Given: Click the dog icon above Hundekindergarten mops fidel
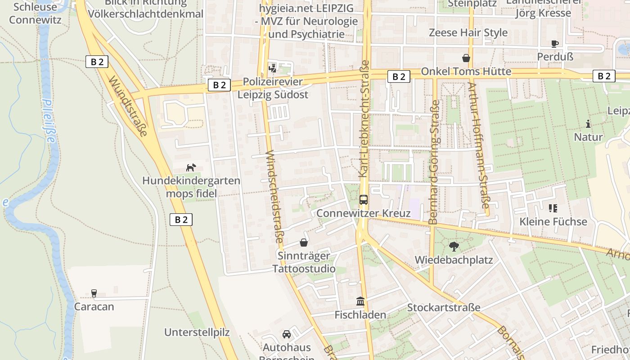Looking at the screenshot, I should [x=191, y=167].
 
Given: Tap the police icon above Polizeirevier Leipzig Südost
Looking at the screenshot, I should [x=272, y=68].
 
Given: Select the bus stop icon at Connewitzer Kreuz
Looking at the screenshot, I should [x=363, y=199].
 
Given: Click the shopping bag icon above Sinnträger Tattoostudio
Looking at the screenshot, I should [x=304, y=243].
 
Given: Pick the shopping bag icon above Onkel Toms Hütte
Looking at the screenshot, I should [x=466, y=58].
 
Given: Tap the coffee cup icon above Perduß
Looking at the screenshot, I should [x=555, y=44].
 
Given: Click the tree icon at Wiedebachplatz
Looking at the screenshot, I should [x=454, y=246].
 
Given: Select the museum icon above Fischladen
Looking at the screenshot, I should [x=360, y=301].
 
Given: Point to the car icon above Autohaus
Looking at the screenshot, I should [x=287, y=334].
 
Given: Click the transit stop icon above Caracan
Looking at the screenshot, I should [x=94, y=293].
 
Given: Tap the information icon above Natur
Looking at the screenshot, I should [x=588, y=124].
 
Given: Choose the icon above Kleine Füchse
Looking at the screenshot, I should [x=553, y=208].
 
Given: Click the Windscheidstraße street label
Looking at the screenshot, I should [x=274, y=197].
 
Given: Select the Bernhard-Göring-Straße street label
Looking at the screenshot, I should [x=434, y=162].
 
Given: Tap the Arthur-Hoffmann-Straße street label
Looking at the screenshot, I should [x=478, y=145].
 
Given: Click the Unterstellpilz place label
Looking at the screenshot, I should [x=197, y=333].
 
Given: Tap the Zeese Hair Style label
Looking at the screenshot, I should [x=468, y=32].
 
